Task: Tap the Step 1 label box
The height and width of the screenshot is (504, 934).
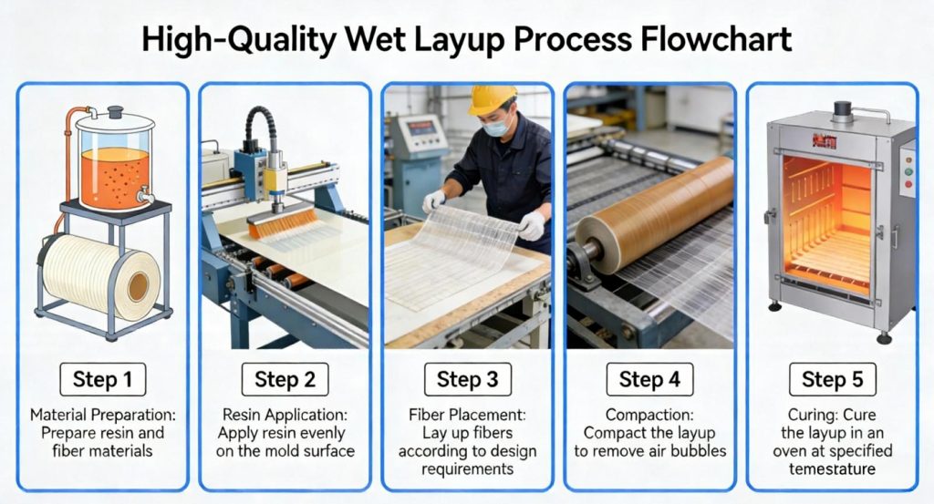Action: [x=102, y=379]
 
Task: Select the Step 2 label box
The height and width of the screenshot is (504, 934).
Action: [x=285, y=379]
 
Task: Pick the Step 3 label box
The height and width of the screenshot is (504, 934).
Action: [x=468, y=379]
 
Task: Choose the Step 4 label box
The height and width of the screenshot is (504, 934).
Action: [x=650, y=379]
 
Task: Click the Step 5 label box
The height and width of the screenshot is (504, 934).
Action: [x=833, y=379]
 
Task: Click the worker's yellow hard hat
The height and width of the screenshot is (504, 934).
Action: [x=492, y=99]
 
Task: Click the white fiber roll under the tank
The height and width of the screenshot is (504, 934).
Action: [x=96, y=274]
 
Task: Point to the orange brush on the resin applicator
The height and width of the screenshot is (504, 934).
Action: [x=283, y=222]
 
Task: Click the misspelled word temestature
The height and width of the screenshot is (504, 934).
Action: [x=833, y=469]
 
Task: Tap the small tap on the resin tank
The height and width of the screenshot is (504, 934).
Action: [x=141, y=194]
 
